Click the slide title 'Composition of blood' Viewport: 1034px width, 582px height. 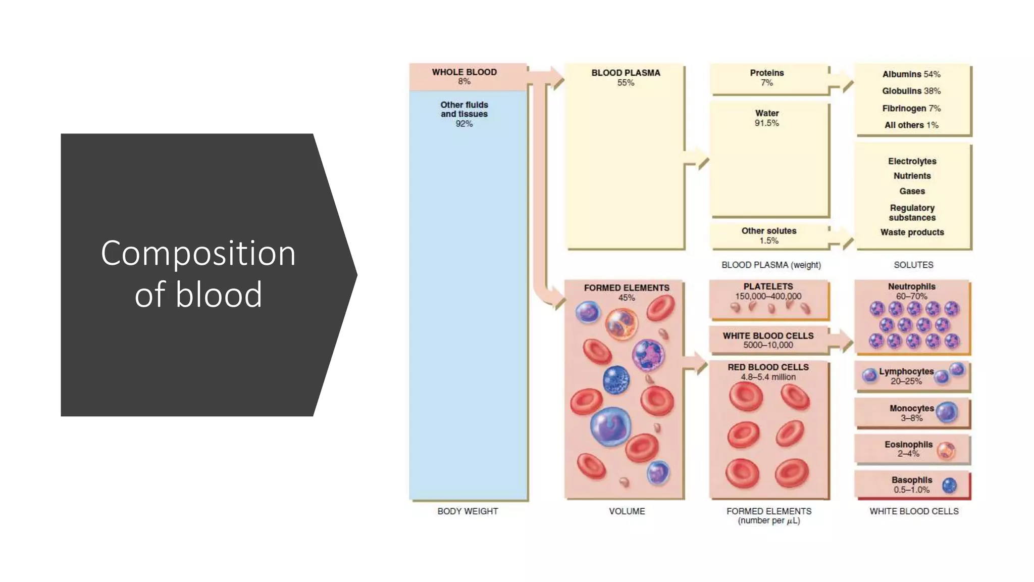point(198,273)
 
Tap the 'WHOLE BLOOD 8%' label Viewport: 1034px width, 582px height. point(464,76)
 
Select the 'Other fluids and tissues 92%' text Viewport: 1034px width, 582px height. point(464,114)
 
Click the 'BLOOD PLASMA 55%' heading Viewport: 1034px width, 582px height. point(626,77)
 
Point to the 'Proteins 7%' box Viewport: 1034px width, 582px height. point(766,78)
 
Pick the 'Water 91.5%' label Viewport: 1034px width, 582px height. point(766,118)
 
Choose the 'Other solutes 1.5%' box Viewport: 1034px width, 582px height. point(768,235)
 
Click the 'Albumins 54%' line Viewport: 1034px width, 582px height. point(911,74)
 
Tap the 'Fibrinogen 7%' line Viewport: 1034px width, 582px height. point(911,108)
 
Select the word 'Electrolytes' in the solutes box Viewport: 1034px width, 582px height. point(912,161)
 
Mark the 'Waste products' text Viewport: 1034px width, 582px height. point(912,232)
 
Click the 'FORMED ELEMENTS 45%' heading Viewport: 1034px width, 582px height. point(626,292)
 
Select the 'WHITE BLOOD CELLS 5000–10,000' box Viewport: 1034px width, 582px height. point(768,340)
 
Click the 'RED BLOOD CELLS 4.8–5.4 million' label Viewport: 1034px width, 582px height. point(768,372)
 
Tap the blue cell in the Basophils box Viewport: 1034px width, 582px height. point(949,486)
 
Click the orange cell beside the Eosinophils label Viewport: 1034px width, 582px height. point(946,450)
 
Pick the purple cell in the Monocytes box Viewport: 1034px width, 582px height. point(947,412)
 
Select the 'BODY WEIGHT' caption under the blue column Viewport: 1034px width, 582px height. point(468,511)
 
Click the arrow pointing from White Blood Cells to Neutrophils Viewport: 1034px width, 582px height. point(842,342)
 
